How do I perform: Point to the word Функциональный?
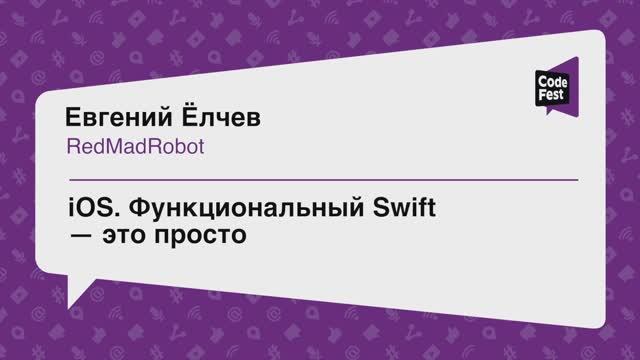[231, 211]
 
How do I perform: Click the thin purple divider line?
[320, 179]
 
